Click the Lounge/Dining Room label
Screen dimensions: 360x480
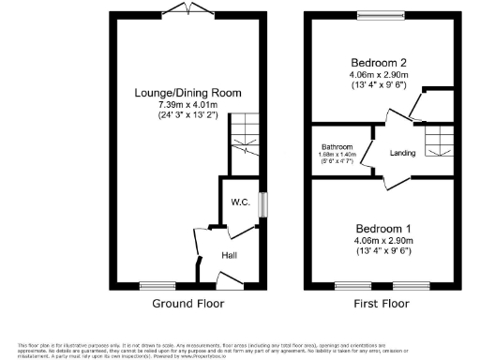tap(187, 93)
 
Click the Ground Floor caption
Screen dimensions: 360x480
tap(187, 304)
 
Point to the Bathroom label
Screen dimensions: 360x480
tap(337, 147)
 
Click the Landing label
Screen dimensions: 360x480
tap(403, 152)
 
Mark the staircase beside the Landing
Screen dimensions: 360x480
tap(437, 141)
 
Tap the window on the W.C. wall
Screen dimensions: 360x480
tap(262, 203)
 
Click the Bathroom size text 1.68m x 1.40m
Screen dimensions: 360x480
tap(337, 155)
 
